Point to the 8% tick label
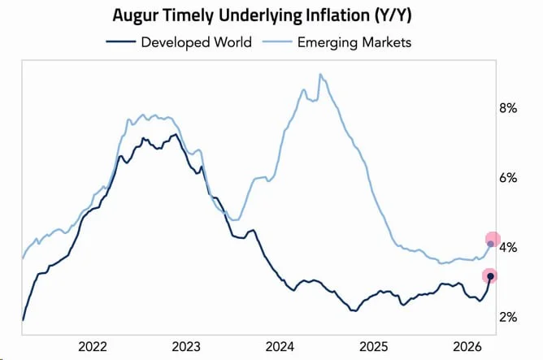coord(508,108)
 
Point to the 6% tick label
coord(508,177)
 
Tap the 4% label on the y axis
coord(508,247)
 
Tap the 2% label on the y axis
coord(508,317)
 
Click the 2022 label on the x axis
coord(95,345)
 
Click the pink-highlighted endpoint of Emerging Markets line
coord(491,241)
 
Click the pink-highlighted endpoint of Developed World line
coord(490,277)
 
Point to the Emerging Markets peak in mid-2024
coord(320,75)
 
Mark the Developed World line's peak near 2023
coord(174,135)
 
